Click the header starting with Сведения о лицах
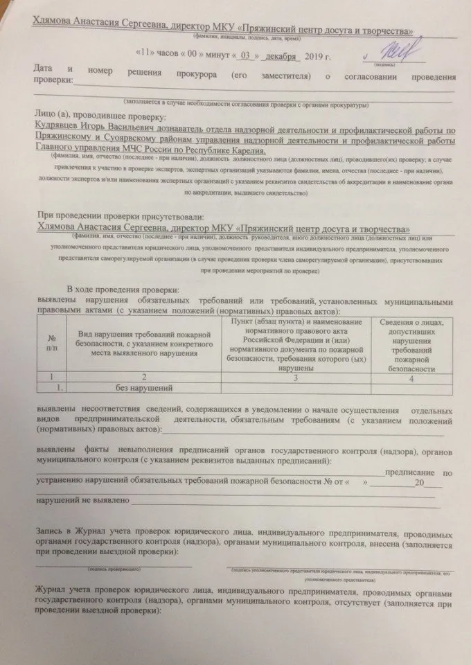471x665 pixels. pyautogui.click(x=411, y=345)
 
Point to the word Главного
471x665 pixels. pyautogui.click(x=53, y=150)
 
